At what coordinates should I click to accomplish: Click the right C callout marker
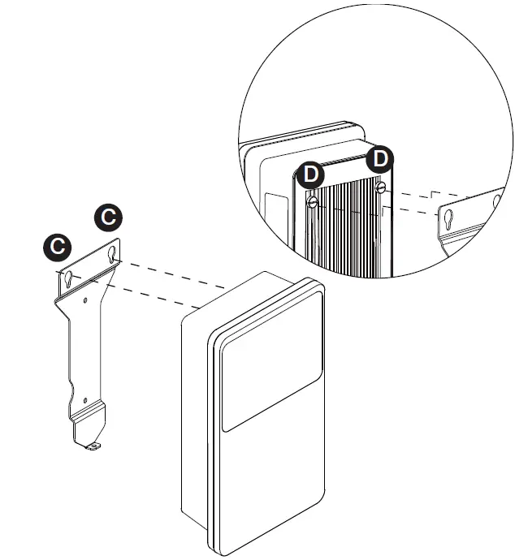tap(108, 217)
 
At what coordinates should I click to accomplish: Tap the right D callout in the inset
tap(379, 159)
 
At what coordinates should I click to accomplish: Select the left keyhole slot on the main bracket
tap(69, 279)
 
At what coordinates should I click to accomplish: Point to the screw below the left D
tap(313, 202)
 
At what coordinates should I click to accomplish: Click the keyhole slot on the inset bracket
tap(448, 218)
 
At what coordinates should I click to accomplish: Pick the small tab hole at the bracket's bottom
tap(95, 445)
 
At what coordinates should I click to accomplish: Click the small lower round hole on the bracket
tap(84, 399)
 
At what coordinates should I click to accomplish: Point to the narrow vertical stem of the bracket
tap(81, 349)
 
